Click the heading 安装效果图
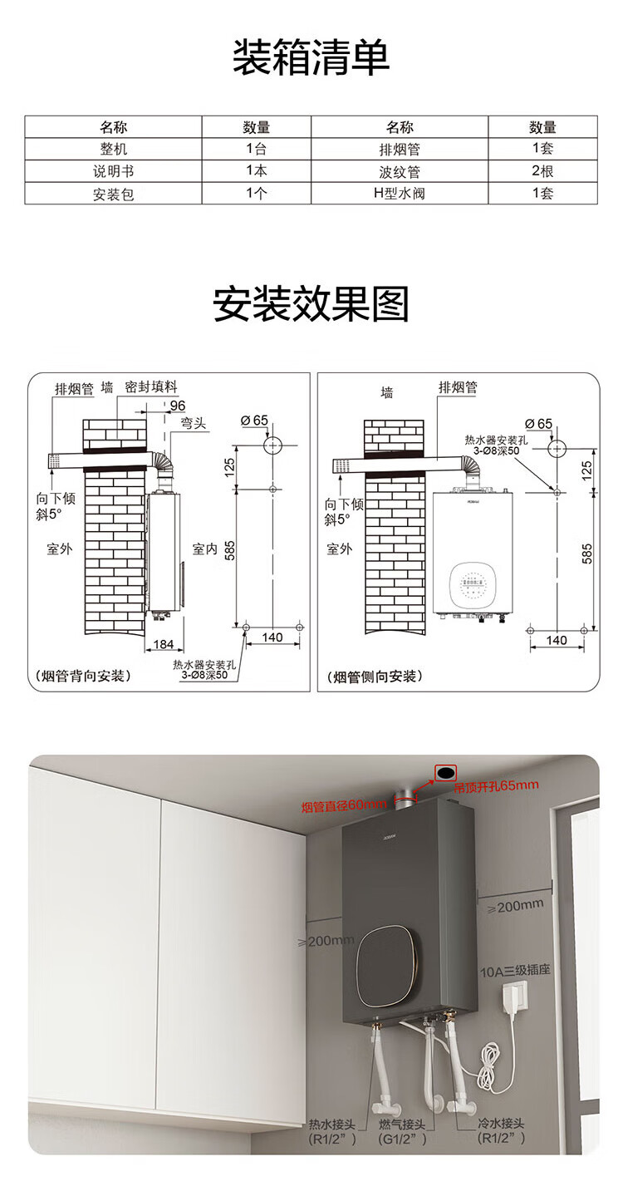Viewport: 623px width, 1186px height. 311,304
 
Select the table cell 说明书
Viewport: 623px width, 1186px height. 113,172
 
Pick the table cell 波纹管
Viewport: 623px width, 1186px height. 400,172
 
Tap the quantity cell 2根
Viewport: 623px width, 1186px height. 542,172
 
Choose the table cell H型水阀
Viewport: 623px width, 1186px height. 400,194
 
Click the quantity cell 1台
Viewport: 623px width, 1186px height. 257,150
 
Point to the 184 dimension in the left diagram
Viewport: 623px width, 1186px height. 164,644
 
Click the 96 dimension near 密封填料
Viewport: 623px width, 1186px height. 177,406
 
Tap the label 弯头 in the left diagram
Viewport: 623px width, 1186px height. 194,424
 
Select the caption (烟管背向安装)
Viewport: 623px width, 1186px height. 81,676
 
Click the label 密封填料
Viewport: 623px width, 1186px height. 151,387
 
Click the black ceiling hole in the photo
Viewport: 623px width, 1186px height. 446,773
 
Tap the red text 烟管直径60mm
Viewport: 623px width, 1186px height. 344,805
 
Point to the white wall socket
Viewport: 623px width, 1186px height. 517,997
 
